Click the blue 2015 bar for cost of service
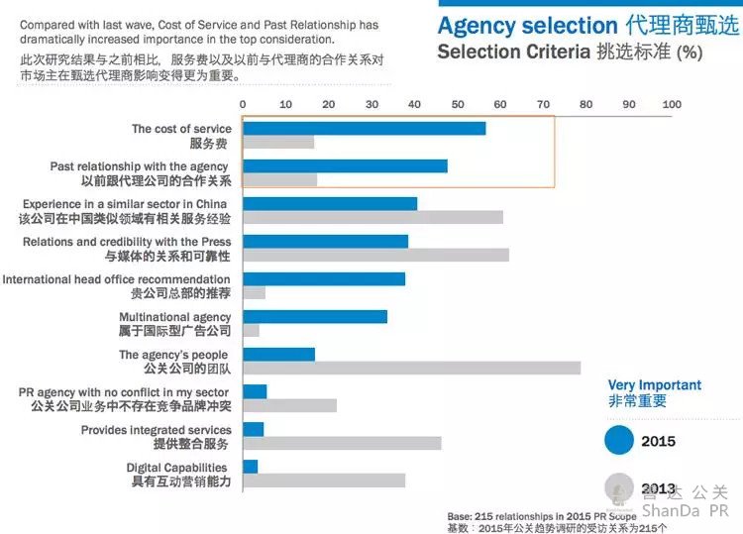pos(364,128)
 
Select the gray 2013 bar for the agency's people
pos(411,369)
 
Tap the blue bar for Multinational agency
pos(314,317)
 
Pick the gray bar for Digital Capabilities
pos(323,481)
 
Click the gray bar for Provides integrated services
pos(342,443)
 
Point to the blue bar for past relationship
pos(345,165)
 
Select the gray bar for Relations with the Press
pos(375,255)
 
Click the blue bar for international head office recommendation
pos(323,279)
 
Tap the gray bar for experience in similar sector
pos(372,217)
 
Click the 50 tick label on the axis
pos(457,104)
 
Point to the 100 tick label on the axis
pos(672,104)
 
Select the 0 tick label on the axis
pos(243,104)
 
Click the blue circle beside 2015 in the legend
pos(620,440)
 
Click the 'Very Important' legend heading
pos(654,385)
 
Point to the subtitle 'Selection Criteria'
pos(514,53)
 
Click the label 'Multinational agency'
pos(174,317)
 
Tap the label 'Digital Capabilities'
pos(176,468)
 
